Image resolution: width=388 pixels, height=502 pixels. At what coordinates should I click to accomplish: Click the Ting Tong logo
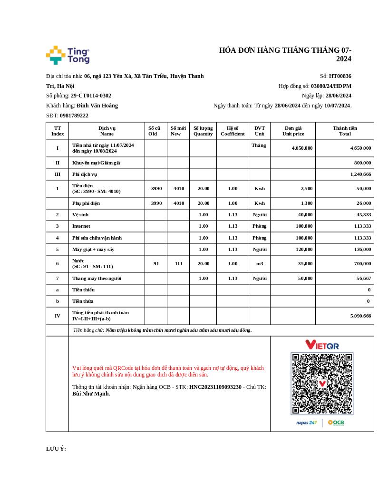coord(68,55)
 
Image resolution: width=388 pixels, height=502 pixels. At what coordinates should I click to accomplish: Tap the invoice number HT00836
coord(340,76)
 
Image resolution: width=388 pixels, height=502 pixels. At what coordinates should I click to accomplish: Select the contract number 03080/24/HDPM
coord(331,86)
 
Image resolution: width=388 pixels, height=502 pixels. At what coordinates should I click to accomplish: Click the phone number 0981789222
coord(74,116)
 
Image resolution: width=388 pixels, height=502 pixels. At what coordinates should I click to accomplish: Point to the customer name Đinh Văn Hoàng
coord(97,106)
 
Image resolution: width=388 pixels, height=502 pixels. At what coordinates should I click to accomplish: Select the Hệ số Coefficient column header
coord(233,131)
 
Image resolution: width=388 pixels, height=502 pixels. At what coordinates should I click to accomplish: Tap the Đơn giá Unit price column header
coord(293,131)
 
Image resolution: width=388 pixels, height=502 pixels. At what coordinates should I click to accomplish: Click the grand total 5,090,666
coord(360,316)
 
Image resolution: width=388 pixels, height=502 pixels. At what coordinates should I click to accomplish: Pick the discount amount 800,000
coord(362,163)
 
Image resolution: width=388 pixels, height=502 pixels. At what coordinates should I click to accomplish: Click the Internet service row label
coord(81,226)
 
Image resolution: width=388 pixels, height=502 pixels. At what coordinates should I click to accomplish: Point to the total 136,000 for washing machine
coord(362,249)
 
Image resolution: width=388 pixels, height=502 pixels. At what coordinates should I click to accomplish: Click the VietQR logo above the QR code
coord(322,345)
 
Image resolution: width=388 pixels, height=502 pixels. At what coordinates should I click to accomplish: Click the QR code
coord(322,383)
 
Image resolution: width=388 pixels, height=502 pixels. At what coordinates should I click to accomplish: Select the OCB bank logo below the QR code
coord(336,423)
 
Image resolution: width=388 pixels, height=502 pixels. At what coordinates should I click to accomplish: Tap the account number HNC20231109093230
coord(215,387)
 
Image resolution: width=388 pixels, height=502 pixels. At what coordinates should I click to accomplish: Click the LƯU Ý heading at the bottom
coord(56,449)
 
